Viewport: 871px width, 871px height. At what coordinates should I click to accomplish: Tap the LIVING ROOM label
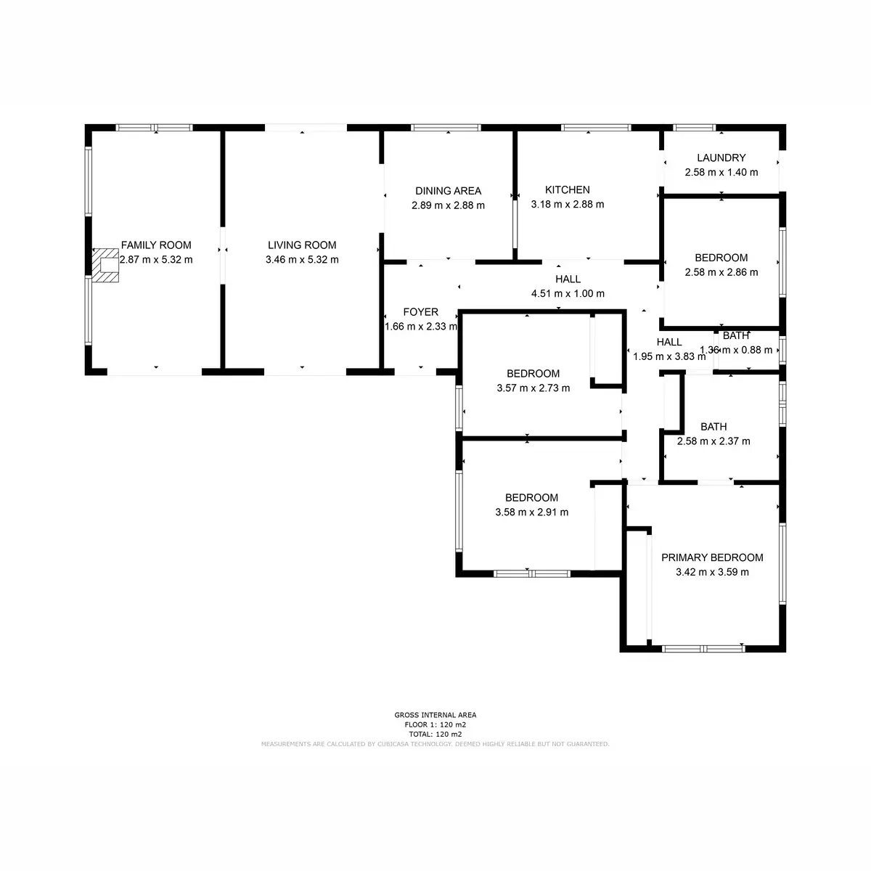click(x=302, y=245)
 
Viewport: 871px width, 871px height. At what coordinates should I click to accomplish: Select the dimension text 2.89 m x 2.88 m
click(x=448, y=205)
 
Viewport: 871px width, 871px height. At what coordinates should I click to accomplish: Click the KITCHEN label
click(x=568, y=190)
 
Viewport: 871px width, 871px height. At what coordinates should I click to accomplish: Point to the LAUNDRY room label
click(x=721, y=158)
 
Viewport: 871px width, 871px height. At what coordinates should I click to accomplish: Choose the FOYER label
click(x=421, y=312)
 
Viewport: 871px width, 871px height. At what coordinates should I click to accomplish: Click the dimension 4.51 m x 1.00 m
click(x=568, y=294)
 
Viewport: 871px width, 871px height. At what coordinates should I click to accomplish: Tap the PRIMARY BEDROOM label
click(x=712, y=557)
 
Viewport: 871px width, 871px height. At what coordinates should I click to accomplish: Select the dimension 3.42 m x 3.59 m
click(x=712, y=572)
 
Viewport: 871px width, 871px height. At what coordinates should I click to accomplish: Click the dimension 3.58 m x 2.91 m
click(x=531, y=512)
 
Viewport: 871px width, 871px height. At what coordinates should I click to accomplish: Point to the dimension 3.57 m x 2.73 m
click(x=533, y=388)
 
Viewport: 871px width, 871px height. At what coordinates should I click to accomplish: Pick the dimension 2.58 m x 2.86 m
click(x=721, y=273)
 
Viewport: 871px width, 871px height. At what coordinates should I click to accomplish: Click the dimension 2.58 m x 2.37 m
click(x=713, y=441)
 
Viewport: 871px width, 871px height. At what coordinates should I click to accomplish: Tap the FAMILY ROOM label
click(x=156, y=245)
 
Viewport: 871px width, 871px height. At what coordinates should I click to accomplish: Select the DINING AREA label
click(x=448, y=191)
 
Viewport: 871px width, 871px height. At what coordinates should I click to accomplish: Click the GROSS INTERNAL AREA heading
click(x=435, y=715)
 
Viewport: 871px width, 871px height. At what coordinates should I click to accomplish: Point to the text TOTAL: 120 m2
click(x=435, y=734)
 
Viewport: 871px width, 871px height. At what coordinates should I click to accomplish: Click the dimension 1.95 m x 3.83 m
click(x=669, y=356)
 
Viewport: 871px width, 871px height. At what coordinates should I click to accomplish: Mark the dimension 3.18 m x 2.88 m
click(x=568, y=205)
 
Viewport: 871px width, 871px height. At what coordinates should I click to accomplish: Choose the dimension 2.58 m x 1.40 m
click(x=721, y=173)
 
